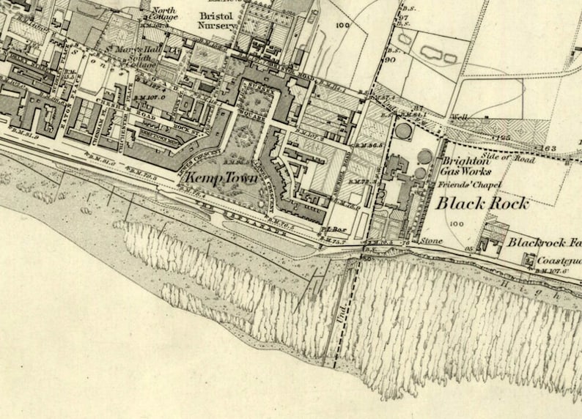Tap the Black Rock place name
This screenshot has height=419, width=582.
click(x=482, y=203)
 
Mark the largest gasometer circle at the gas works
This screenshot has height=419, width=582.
click(x=403, y=131)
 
